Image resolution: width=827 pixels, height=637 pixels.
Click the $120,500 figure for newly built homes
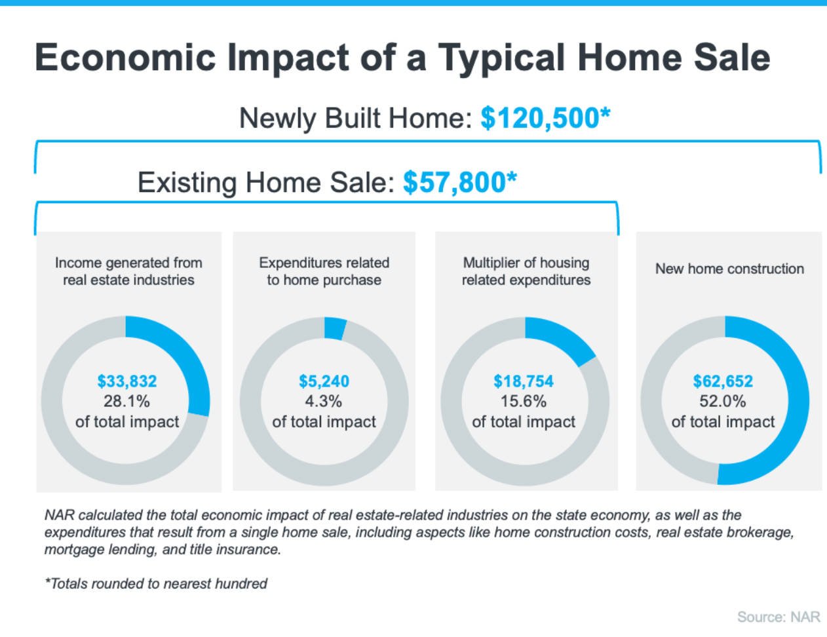tap(545, 119)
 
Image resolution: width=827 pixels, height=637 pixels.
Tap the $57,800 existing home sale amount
tap(459, 182)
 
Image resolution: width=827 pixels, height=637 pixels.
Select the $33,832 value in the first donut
tap(127, 381)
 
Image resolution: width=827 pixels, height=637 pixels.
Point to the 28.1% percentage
tap(127, 401)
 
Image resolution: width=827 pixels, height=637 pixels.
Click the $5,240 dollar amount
tap(324, 381)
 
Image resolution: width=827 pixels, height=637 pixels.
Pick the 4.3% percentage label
tap(324, 401)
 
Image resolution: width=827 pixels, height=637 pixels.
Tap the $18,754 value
tap(524, 381)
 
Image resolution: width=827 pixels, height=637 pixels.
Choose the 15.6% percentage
tap(524, 401)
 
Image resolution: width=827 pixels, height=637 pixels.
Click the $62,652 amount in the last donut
tap(723, 381)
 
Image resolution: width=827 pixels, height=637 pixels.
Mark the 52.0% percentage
tap(723, 401)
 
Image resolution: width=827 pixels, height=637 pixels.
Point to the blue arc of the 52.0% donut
tap(793, 419)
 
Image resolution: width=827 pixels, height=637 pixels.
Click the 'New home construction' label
tap(729, 269)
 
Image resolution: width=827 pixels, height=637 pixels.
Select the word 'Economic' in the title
tap(125, 57)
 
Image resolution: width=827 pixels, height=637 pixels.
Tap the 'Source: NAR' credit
tap(779, 617)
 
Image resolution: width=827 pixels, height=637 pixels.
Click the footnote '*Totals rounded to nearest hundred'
tap(156, 583)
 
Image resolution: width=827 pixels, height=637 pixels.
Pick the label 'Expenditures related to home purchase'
tap(324, 271)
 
